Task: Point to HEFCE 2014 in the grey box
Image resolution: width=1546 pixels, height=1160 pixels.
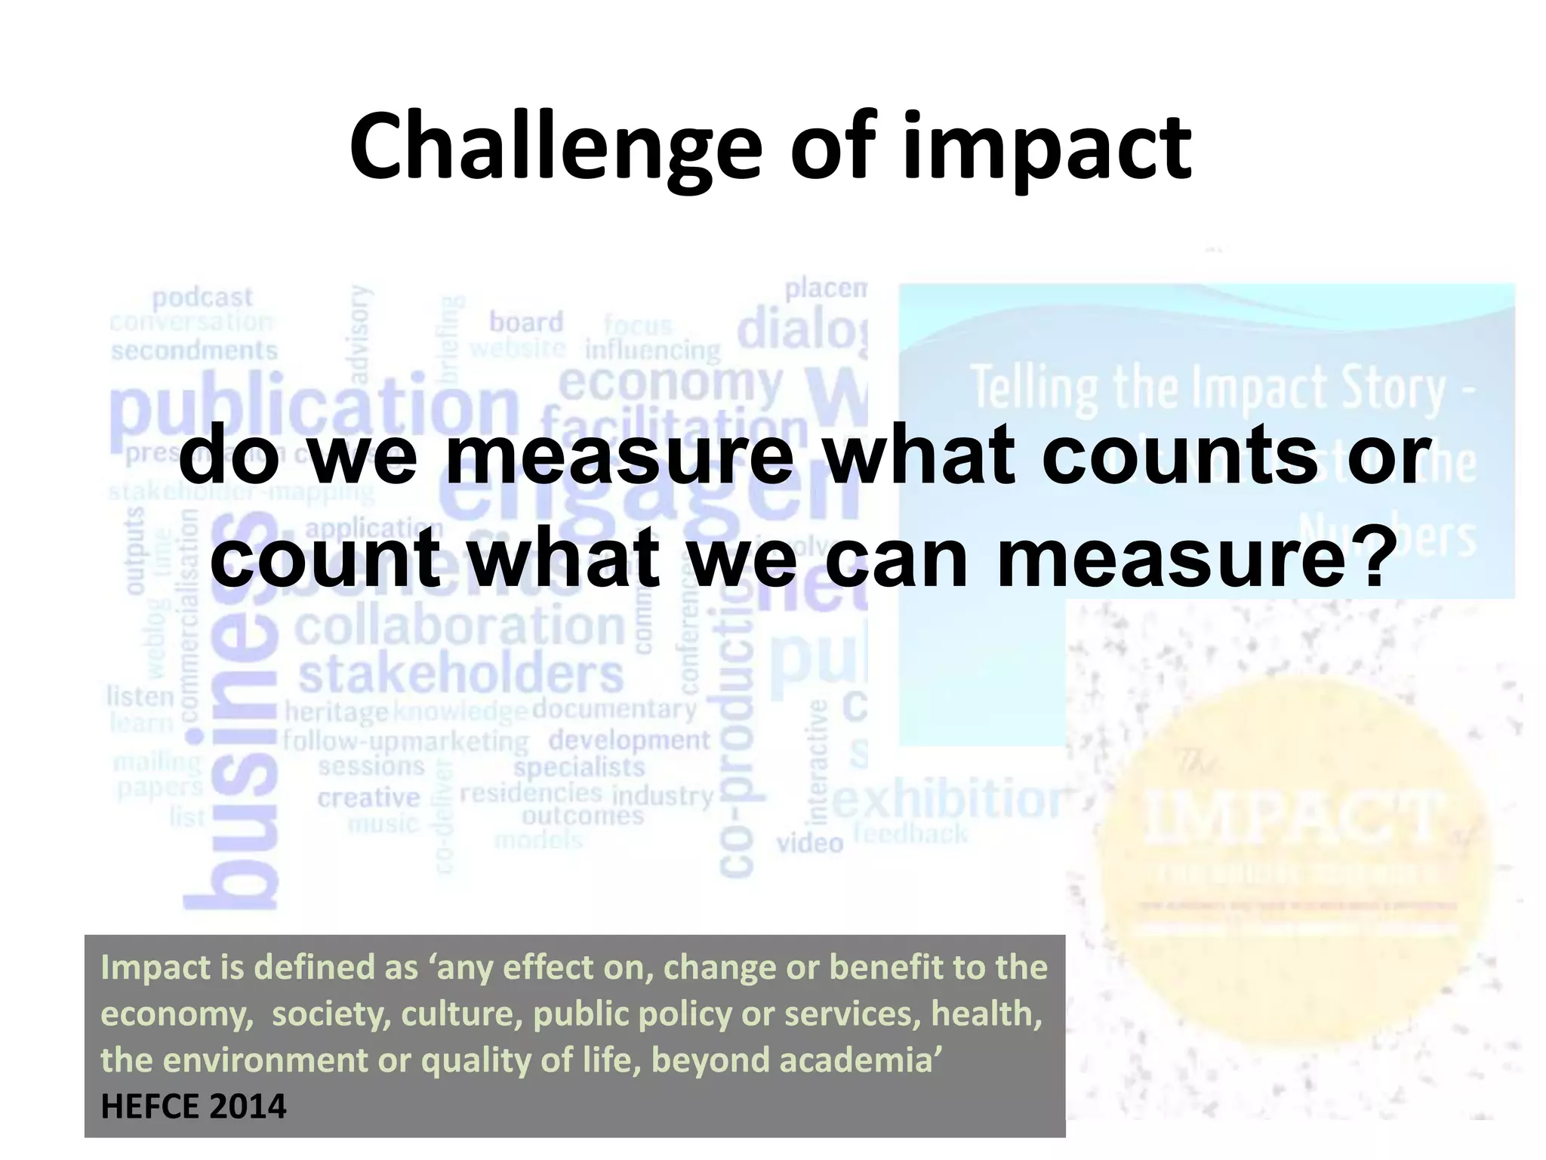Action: (x=193, y=1106)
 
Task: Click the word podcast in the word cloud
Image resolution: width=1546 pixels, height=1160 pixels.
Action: (x=202, y=298)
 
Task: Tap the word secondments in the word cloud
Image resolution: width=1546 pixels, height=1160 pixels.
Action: (x=194, y=350)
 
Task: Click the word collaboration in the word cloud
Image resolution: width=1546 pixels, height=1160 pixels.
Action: (x=460, y=626)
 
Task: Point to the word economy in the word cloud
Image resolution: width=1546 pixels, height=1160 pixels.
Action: (x=670, y=384)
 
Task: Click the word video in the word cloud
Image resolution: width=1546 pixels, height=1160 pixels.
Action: (x=809, y=842)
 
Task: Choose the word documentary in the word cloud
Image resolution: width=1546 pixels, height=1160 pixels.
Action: (x=614, y=708)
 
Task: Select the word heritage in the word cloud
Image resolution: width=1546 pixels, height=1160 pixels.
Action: (x=337, y=711)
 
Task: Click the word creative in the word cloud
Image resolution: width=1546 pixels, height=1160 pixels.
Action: (x=368, y=797)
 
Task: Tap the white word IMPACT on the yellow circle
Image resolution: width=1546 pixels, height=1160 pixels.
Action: (x=1292, y=818)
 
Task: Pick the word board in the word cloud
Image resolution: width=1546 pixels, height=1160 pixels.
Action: (x=526, y=322)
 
